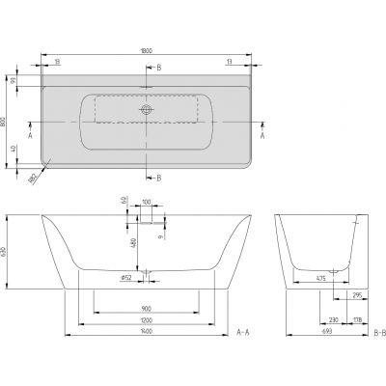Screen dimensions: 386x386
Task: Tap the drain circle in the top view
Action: click(147, 110)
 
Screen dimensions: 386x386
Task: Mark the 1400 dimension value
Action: click(146, 333)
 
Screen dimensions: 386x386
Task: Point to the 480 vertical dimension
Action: click(133, 245)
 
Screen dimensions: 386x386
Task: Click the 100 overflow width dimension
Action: click(146, 204)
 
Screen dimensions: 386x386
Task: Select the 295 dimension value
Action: click(358, 298)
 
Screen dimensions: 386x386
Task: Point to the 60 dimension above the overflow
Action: click(124, 201)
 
